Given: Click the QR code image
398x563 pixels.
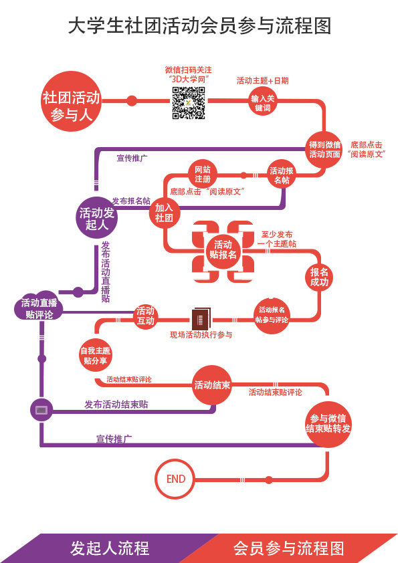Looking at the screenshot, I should point(189,103).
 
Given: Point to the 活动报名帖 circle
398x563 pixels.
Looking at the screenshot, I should point(282,175).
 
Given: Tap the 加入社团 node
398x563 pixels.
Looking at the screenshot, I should point(165,213).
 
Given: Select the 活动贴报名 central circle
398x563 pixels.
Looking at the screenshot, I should point(223,249).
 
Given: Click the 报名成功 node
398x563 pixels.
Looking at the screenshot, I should point(319,277).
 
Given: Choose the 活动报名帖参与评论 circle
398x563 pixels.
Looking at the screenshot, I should point(272,315).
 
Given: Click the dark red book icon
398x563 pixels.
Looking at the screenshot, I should point(201,318).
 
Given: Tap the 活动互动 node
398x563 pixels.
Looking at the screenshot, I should point(145,316).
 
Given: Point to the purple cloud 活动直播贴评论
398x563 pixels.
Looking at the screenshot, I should point(39,308).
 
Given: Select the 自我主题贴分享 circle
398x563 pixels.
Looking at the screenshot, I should point(96,355).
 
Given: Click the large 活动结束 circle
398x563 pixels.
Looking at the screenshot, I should point(212,385).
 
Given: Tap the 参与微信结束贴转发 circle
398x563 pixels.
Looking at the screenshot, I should point(328,423).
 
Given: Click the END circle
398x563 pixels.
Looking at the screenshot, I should point(175,479).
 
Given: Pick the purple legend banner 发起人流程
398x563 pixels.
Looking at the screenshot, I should point(107,548).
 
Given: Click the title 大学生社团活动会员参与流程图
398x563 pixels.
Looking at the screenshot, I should point(199,26).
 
